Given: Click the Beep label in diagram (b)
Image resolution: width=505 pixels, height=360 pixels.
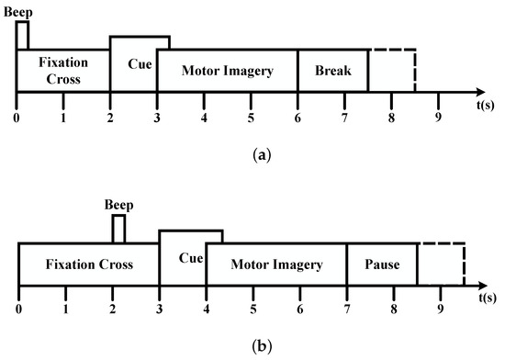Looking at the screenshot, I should (119, 204).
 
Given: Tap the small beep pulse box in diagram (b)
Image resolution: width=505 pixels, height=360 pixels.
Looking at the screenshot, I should (118, 229).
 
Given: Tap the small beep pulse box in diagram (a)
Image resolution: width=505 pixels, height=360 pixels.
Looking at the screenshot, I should (22, 35).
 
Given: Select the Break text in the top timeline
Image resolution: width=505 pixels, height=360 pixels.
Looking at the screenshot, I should (332, 70).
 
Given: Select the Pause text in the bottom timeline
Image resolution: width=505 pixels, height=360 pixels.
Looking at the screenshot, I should (382, 264).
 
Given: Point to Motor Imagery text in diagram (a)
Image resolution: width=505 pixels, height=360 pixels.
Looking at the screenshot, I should (227, 70).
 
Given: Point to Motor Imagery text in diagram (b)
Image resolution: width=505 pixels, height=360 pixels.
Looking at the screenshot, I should (275, 264).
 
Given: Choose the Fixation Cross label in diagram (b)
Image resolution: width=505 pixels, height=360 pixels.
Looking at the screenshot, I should (88, 264).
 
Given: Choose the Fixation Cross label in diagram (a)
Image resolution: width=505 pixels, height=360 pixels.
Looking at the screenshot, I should (62, 70).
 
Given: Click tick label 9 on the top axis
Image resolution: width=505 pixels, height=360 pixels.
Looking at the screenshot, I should (439, 118).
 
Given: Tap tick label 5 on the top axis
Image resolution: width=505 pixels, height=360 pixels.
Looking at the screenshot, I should (252, 118).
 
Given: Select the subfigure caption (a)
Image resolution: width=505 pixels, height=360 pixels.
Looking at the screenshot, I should (252, 157).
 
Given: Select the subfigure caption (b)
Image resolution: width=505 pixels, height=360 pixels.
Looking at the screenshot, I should (252, 349).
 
